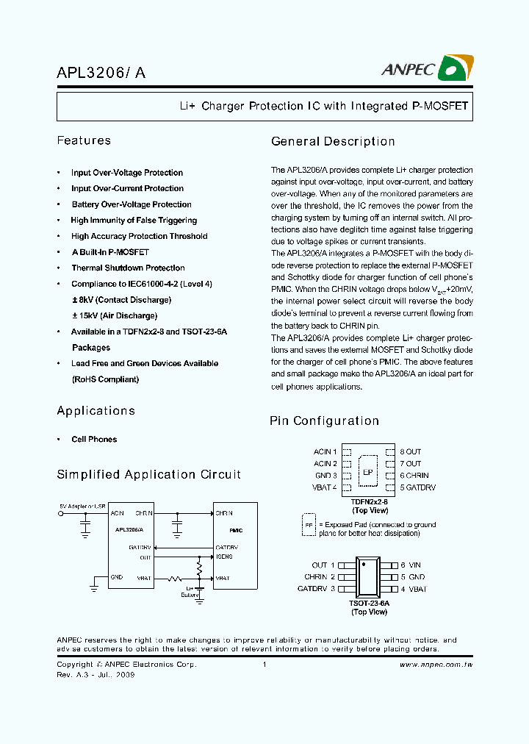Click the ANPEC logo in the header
427,69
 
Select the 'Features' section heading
84,140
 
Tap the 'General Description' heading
333,141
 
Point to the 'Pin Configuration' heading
324,421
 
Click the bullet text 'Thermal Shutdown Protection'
128,268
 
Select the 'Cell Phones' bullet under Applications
94,440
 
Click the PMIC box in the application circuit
236,545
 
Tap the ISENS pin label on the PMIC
224,557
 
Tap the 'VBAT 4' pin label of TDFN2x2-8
325,487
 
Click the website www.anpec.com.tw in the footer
436,665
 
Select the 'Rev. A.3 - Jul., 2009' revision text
96,675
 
